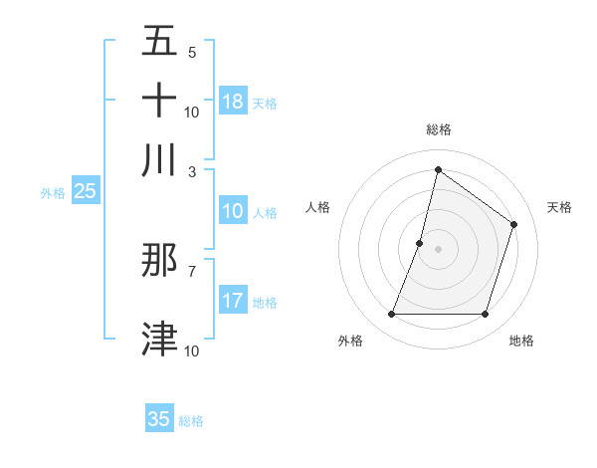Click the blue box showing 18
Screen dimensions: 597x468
click(x=233, y=102)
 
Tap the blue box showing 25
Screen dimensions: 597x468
click(x=85, y=191)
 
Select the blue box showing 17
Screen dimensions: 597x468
click(x=233, y=301)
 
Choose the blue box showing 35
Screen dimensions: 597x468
click(x=159, y=419)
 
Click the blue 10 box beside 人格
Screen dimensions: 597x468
click(x=233, y=211)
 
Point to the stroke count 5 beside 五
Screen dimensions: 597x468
click(x=192, y=52)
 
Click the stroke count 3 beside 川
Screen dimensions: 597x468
click(x=192, y=170)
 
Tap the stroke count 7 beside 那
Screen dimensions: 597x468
click(x=192, y=270)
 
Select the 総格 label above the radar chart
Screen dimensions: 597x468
click(x=439, y=129)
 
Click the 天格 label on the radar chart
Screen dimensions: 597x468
click(x=559, y=207)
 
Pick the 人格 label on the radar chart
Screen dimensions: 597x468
click(x=318, y=207)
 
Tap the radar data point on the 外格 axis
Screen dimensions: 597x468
click(x=391, y=315)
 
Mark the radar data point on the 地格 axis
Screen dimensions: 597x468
click(x=486, y=315)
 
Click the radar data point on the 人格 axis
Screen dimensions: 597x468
click(x=420, y=243)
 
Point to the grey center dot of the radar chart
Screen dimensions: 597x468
click(x=439, y=249)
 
